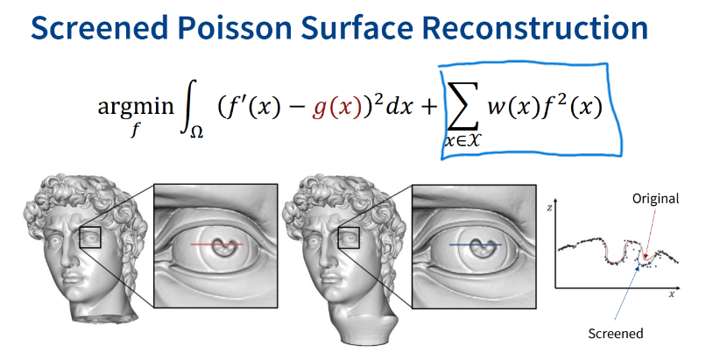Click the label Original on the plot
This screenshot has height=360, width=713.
click(x=655, y=199)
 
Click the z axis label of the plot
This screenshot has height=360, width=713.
click(x=547, y=208)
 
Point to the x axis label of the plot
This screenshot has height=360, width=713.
click(x=672, y=294)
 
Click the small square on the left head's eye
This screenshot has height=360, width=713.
click(x=90, y=237)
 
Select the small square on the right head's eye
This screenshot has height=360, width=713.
click(x=348, y=237)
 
